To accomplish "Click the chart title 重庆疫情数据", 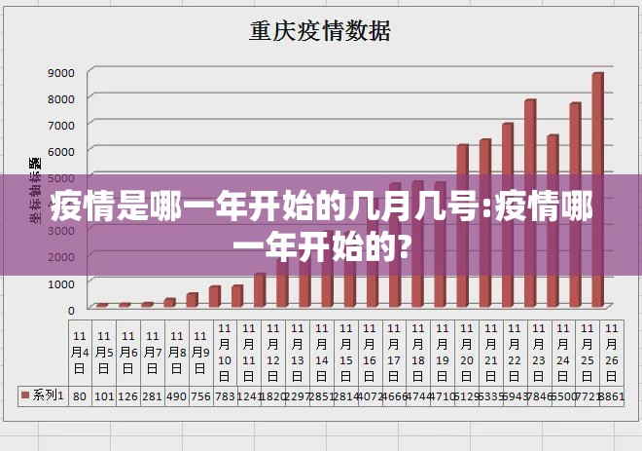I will [320, 31].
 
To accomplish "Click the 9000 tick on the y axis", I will [61, 72].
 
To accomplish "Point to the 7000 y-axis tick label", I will [61, 125].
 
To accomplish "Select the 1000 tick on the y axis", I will [61, 283].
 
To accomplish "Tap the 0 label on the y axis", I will [70, 310].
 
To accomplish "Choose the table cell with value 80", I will [80, 395].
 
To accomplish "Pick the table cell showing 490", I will [176, 395].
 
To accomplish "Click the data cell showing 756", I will [200, 395].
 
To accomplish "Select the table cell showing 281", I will [152, 395].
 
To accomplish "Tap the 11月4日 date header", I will [80, 351].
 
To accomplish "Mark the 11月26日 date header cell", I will [611, 351].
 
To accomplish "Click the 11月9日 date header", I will [200, 351].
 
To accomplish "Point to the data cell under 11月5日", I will [104, 395].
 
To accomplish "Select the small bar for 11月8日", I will [192, 299].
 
